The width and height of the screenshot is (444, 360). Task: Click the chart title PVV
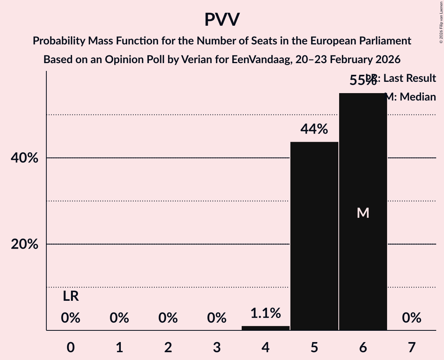pyautogui.click(x=222, y=20)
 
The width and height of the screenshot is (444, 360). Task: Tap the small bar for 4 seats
pyautogui.click(x=265, y=328)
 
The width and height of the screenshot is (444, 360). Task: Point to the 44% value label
pyautogui.click(x=314, y=129)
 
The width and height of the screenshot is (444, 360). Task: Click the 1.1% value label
pyautogui.click(x=265, y=313)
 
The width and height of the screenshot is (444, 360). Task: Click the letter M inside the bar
pyautogui.click(x=363, y=213)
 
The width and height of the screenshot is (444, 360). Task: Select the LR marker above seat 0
pyautogui.click(x=71, y=296)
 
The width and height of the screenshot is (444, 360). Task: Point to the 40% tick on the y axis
pyautogui.click(x=27, y=158)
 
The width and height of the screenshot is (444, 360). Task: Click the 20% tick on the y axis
pyautogui.click(x=27, y=244)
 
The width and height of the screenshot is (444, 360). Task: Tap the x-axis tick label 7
pyautogui.click(x=412, y=347)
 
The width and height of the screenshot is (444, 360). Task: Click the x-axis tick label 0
pyautogui.click(x=71, y=347)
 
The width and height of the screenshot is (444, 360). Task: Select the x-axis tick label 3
pyautogui.click(x=217, y=347)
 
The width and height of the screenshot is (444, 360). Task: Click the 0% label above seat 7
pyautogui.click(x=412, y=318)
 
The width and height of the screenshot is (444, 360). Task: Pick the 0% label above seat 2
pyautogui.click(x=168, y=318)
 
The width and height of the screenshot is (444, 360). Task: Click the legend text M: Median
pyautogui.click(x=410, y=97)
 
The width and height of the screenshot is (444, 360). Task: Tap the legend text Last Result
pyautogui.click(x=409, y=78)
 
